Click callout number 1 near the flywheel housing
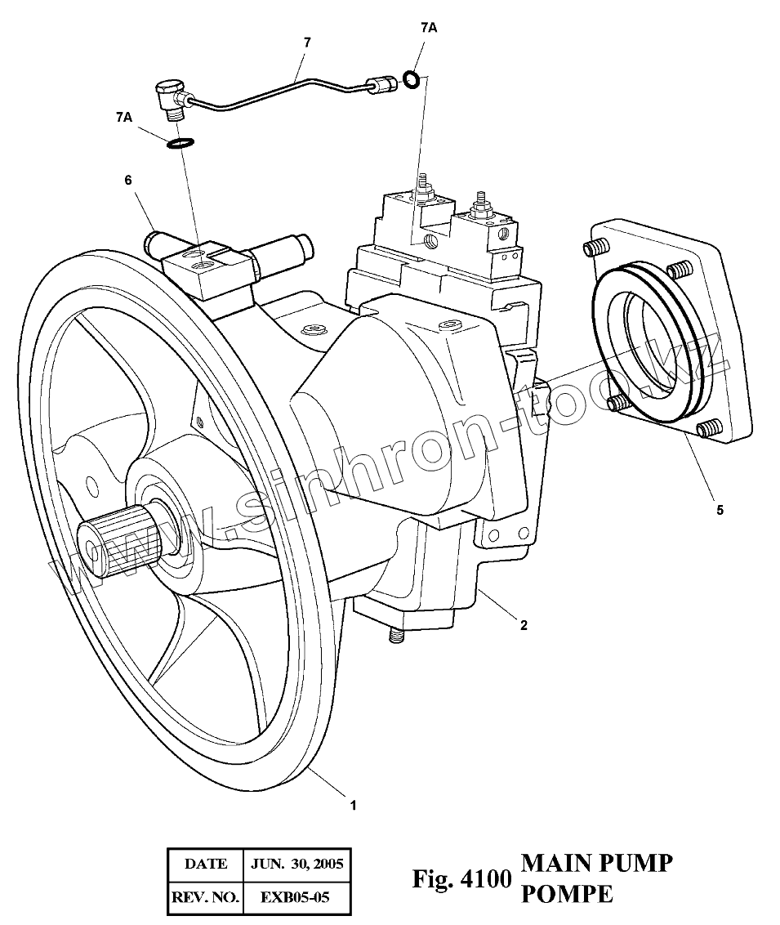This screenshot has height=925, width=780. pyautogui.click(x=353, y=806)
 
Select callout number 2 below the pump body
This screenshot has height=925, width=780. pyautogui.click(x=524, y=626)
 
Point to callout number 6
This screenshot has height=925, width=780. pyautogui.click(x=128, y=181)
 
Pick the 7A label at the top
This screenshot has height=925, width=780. pyautogui.click(x=429, y=28)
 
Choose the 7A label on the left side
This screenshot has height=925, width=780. pyautogui.click(x=124, y=118)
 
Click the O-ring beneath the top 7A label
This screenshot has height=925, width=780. pyautogui.click(x=412, y=79)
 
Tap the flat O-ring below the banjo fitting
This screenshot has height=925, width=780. pyautogui.click(x=181, y=144)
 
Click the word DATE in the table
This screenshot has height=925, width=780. pyautogui.click(x=206, y=864)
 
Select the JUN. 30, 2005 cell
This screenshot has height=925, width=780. pyautogui.click(x=297, y=864)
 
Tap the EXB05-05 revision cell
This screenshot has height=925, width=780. pyautogui.click(x=295, y=897)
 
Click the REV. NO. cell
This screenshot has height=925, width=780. pyautogui.click(x=205, y=897)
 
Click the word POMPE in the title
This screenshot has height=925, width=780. pyautogui.click(x=566, y=894)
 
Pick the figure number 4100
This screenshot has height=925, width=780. pyautogui.click(x=486, y=879)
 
